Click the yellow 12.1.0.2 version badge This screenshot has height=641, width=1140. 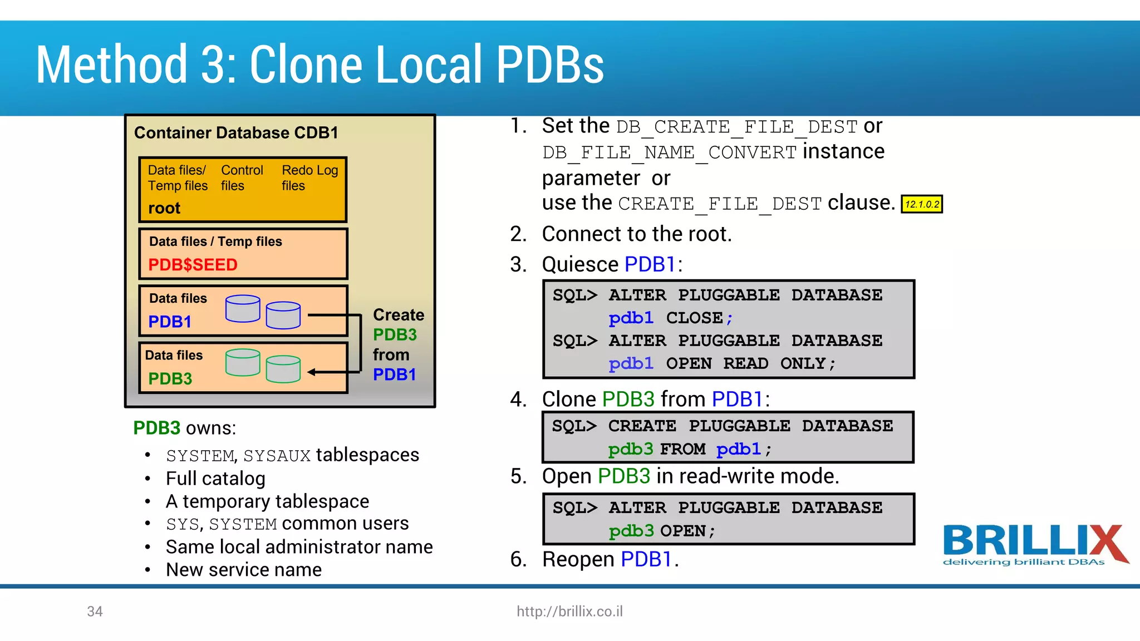tap(922, 204)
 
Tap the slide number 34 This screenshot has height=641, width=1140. tap(95, 612)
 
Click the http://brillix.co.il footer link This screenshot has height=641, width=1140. tap(569, 612)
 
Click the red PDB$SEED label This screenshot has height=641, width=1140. tap(193, 265)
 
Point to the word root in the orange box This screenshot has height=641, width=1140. tap(164, 208)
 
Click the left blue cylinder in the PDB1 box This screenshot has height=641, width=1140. tap(243, 308)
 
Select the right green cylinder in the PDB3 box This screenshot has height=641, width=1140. tap(283, 369)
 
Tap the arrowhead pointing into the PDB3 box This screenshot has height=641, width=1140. tap(312, 372)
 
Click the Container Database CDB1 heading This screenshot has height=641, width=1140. tap(236, 133)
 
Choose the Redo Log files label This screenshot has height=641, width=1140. tap(309, 177)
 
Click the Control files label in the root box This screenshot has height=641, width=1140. tap(242, 177)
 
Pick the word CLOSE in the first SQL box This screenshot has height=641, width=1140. tap(694, 318)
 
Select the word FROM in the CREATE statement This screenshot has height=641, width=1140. tap(682, 449)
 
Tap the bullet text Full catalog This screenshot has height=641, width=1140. tap(215, 479)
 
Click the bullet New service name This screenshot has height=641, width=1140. tap(244, 570)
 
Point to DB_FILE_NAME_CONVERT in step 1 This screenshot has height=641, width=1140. tap(670, 152)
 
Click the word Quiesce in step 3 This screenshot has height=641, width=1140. tap(580, 264)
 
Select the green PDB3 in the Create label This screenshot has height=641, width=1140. tap(395, 335)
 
